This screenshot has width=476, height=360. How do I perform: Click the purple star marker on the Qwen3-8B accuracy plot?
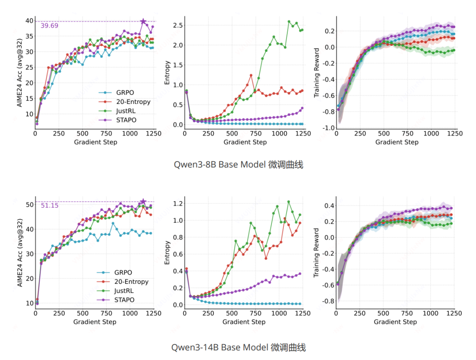click(x=143, y=21)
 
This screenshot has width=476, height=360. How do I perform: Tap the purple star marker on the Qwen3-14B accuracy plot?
click(x=143, y=202)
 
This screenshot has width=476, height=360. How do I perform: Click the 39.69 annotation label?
click(x=49, y=26)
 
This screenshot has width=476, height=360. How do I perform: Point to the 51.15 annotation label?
click(x=49, y=205)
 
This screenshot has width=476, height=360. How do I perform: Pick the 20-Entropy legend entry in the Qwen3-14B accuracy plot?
click(x=131, y=282)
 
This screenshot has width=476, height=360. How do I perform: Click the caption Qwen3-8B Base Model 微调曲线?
click(x=238, y=165)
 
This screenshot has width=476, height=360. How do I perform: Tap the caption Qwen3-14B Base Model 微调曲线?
click(x=238, y=347)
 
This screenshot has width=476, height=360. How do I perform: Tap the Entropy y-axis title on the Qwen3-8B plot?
click(x=167, y=73)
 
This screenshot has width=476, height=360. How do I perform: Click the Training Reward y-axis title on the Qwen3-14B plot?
click(x=316, y=252)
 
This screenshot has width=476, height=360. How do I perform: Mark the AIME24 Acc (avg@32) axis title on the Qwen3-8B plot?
click(x=19, y=73)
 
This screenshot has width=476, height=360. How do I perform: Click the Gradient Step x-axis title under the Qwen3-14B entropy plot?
click(x=244, y=322)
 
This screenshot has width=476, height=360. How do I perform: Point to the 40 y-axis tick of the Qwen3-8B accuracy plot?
click(x=30, y=21)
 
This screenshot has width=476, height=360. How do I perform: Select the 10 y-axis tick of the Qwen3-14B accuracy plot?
click(x=30, y=303)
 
